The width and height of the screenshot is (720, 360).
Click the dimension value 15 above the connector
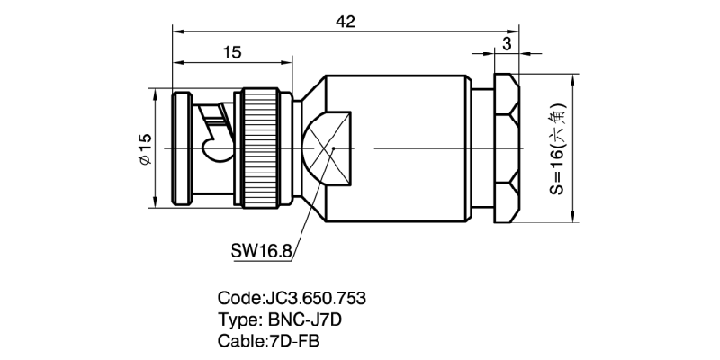click(x=232, y=52)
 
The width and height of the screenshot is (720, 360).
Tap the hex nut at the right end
click(x=507, y=148)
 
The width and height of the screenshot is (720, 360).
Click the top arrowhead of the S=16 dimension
click(x=573, y=79)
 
